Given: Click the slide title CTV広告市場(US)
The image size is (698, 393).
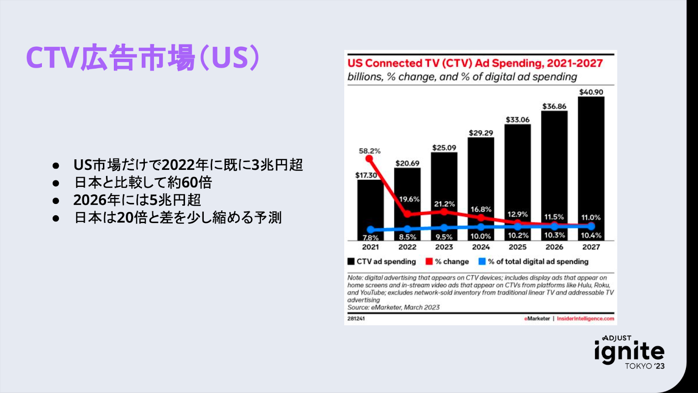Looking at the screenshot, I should [143, 58].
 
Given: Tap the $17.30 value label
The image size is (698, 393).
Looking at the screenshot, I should [366, 175].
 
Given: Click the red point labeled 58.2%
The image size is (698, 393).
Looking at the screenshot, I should [370, 159].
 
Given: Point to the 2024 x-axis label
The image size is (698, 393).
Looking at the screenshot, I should [481, 247].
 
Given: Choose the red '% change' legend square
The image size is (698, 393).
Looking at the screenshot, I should [429, 262].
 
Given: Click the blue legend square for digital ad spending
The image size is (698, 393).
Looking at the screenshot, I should [482, 262].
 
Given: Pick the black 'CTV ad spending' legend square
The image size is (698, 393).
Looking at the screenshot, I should [351, 262].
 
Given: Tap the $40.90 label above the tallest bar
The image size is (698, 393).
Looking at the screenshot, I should [591, 92].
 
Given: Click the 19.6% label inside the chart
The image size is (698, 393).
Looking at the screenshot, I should [409, 199].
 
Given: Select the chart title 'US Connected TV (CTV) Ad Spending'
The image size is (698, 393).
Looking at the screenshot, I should [475, 63].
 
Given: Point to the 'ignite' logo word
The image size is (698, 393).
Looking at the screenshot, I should [629, 352].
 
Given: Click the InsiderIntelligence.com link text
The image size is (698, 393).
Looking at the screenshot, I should [585, 319].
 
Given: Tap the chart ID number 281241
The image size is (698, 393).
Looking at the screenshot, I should [356, 319].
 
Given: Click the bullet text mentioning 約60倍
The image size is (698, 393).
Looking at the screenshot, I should [143, 182].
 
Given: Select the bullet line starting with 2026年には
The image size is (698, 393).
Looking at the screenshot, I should [137, 200].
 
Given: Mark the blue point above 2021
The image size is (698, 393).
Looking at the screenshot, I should [370, 230].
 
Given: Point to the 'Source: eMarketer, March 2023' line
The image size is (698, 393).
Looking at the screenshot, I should [393, 307].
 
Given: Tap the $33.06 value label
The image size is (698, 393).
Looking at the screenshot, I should [517, 120].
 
